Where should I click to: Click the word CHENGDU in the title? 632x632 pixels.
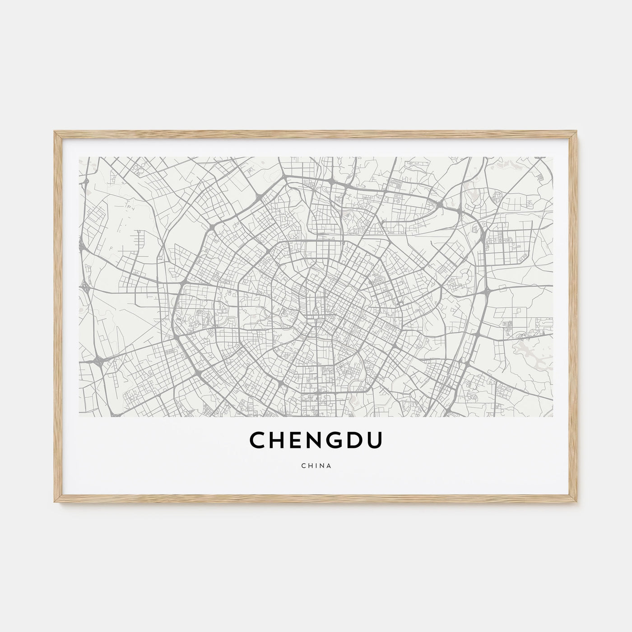coord(316,439)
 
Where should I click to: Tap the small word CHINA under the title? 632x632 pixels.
coord(316,466)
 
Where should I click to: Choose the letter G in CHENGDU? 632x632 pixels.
coord(336,439)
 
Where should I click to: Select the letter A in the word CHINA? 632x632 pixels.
coord(330,466)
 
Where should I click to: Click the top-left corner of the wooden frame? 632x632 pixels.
coord(55,132)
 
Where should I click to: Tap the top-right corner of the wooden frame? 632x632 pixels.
coord(577,132)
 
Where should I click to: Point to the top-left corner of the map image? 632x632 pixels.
coord(79,158)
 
